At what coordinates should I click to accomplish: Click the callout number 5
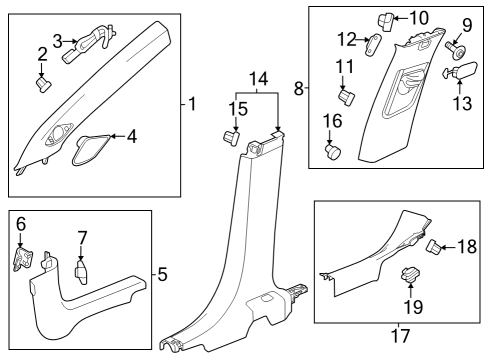[x=164, y=272]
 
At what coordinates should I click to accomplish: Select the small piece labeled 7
[x=81, y=271]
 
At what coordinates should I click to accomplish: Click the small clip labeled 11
[x=348, y=96]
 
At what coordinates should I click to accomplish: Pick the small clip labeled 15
[x=231, y=134]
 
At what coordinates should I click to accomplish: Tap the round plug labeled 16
[x=334, y=151]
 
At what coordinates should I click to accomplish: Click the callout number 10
[x=417, y=17]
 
